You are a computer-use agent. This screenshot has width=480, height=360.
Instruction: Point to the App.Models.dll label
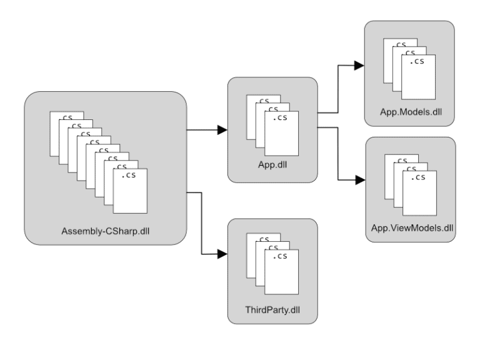click(x=409, y=111)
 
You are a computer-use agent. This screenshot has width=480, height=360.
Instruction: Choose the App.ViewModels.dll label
click(x=409, y=227)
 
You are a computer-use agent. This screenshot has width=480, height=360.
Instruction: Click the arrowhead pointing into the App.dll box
click(x=222, y=131)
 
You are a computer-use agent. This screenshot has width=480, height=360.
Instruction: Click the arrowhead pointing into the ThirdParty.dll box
click(x=222, y=254)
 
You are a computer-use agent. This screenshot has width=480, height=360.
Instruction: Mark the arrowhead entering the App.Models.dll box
click(x=359, y=64)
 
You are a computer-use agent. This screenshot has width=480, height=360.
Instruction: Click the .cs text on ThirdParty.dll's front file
click(x=282, y=256)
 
